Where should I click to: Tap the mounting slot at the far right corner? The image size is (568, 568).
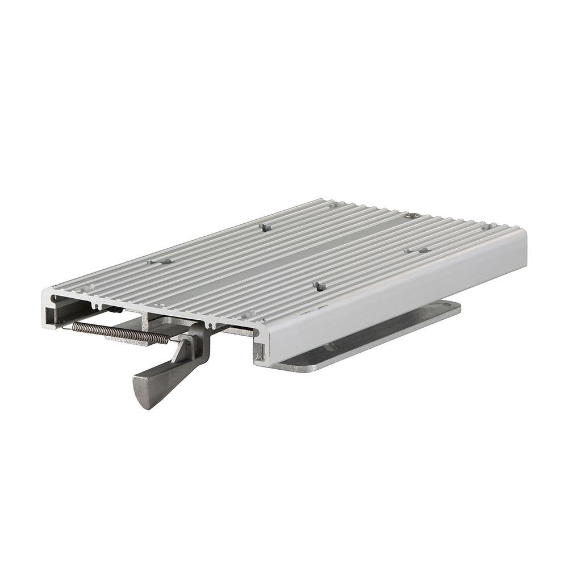point(486,227)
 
